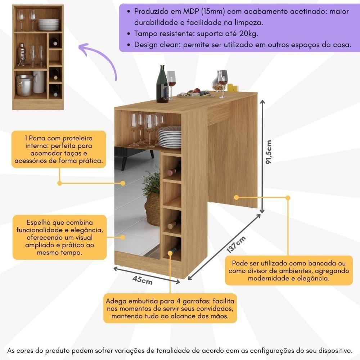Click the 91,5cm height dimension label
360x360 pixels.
tap(269, 152)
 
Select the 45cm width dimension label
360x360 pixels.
tap(142, 280)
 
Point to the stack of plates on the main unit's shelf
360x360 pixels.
tap(170, 137)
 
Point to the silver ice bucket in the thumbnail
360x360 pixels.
tap(24, 86)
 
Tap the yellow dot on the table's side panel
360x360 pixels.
tap(237, 197)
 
